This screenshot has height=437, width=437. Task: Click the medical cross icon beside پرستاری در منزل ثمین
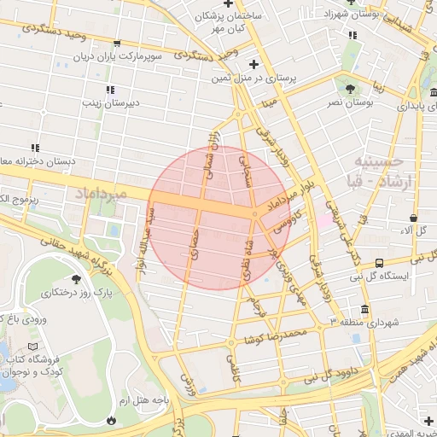tap(253, 64)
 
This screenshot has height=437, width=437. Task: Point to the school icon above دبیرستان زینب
tap(109, 90)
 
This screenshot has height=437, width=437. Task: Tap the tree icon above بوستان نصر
tap(349, 89)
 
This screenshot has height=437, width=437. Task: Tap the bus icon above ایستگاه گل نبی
tap(378, 264)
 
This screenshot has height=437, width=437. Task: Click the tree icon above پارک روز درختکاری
tap(76, 279)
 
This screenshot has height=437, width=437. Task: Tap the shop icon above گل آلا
tap(414, 217)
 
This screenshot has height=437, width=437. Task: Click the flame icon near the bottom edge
tap(111, 419)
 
